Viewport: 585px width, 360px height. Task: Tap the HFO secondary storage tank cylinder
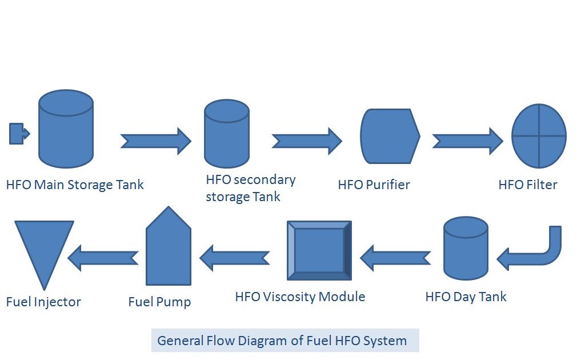pyautogui.click(x=227, y=134)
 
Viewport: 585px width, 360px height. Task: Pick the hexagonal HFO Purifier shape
pyautogui.click(x=390, y=136)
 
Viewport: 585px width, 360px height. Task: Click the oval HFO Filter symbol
pyautogui.click(x=539, y=136)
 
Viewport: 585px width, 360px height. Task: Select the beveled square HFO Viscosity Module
pyautogui.click(x=319, y=250)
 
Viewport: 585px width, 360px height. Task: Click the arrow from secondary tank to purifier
pyautogui.click(x=307, y=140)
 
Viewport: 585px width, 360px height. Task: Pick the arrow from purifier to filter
pyautogui.click(x=467, y=140)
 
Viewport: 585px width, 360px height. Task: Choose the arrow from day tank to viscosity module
pyautogui.click(x=395, y=258)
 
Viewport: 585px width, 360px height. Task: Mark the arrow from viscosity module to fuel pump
pyautogui.click(x=234, y=258)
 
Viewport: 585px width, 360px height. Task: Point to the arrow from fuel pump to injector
pyautogui.click(x=103, y=258)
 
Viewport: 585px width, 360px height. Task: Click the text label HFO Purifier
pyautogui.click(x=374, y=185)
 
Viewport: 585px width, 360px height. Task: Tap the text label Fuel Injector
pyautogui.click(x=43, y=302)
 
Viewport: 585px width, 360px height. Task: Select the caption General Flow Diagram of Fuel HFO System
pyautogui.click(x=282, y=341)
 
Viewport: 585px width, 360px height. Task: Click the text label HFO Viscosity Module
pyautogui.click(x=300, y=297)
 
